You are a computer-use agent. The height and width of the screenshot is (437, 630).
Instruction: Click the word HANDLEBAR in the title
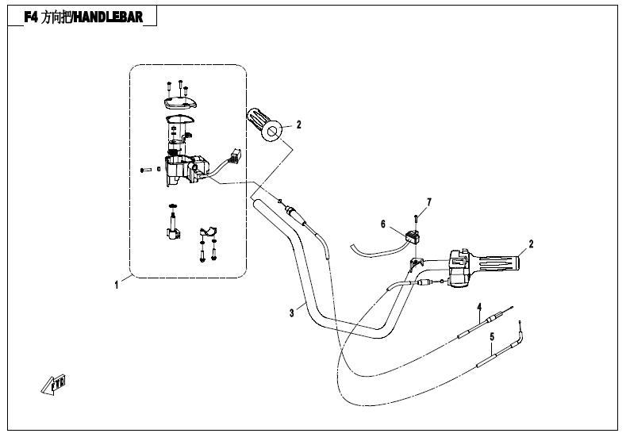point(110,16)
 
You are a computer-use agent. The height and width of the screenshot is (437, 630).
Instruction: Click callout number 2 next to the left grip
point(299,125)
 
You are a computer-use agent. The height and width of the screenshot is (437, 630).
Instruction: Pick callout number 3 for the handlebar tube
point(291,313)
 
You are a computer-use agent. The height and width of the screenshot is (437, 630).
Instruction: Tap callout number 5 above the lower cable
point(492,337)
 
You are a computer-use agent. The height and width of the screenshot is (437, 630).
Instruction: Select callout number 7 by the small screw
point(428,202)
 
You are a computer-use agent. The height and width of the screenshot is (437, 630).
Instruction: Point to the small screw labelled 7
point(415,219)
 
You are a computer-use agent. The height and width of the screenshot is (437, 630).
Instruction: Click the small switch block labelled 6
point(412,234)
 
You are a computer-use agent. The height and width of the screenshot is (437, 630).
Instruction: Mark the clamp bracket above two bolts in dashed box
point(207,232)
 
